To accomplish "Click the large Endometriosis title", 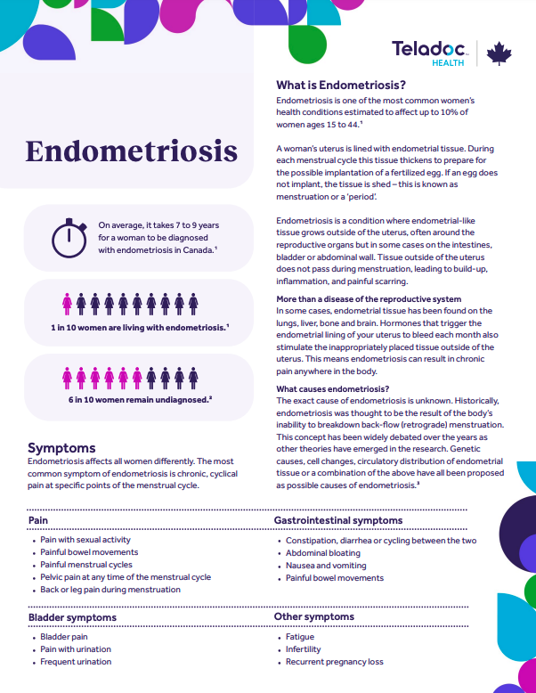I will click(131, 151).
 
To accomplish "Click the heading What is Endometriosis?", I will click(341, 86).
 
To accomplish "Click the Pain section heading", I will click(38, 519).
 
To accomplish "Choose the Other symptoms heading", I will click(315, 616).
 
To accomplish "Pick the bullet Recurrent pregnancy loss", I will click(334, 662).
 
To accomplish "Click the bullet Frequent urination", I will click(76, 662).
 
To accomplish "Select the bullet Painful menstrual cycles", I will click(86, 565).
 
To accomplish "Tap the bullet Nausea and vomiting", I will click(325, 566).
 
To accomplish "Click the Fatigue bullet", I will click(300, 638).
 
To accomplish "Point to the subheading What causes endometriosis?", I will click(332, 389).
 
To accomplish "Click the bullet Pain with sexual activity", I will click(85, 540).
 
